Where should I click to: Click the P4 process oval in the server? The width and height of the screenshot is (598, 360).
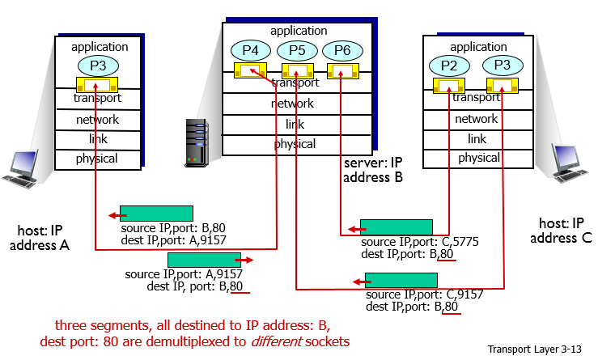pos(251,50)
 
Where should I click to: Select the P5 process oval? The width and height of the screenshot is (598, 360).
pos(297,50)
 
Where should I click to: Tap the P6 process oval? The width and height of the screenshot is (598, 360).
pos(342,50)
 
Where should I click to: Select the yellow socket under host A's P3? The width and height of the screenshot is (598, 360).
pos(96,83)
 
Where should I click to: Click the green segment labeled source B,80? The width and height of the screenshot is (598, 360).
pos(156,213)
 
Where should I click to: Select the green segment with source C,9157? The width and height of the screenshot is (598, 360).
pos(401,280)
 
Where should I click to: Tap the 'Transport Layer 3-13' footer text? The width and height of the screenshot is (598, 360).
pos(535,349)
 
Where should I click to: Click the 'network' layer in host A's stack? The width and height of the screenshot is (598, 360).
pos(97,120)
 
